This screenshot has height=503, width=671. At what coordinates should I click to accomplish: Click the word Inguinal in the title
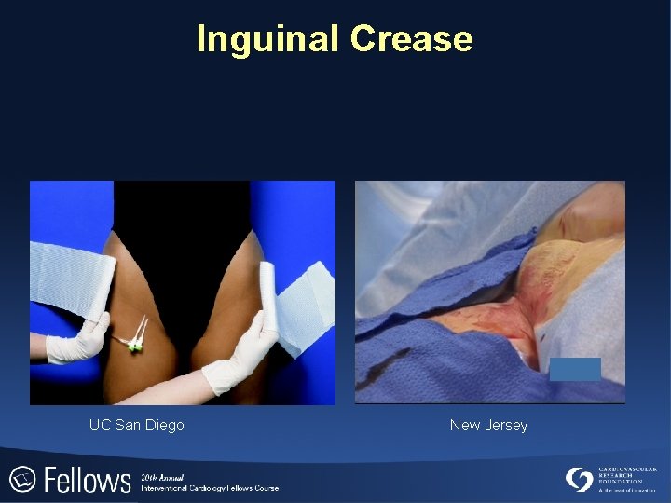coord(267,39)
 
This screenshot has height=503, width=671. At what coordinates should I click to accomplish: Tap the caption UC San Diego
coord(136,426)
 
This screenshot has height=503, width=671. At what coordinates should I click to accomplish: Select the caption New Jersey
coord(488,426)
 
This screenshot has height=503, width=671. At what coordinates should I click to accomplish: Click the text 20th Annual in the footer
coord(163,476)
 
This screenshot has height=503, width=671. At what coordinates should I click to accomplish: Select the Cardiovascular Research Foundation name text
coord(627,477)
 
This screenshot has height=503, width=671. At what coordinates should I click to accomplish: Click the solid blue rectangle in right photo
coord(575,369)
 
